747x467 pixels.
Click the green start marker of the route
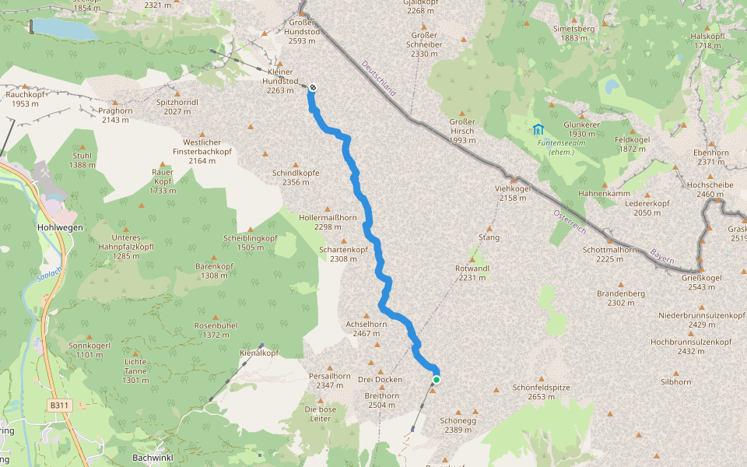437,380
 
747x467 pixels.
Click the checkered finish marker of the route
312,87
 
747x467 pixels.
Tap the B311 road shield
58,406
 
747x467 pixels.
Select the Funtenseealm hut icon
538,129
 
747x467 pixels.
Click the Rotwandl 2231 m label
472,272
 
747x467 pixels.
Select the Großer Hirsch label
462,126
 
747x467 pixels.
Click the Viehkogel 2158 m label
512,193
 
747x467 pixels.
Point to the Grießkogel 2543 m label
702,282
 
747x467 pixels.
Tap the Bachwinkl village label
152,458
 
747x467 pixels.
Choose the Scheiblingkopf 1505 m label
251,242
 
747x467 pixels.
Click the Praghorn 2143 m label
114,114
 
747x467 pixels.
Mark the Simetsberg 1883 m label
573,33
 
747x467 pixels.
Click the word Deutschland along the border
378,79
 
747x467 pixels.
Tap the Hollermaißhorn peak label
328,222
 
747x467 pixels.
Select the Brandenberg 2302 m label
621,298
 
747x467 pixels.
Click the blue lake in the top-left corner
62,27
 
